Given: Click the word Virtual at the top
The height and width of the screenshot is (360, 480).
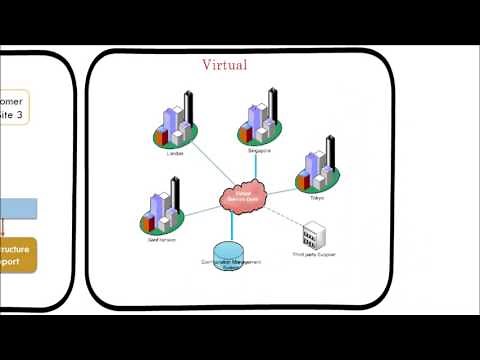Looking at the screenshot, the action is coord(225,65).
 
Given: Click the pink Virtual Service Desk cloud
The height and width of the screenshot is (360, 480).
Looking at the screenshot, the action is coord(242,197).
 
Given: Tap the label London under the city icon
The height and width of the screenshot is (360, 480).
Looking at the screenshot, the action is coord(176,153).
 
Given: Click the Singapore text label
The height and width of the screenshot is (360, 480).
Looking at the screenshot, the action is coord(260,149).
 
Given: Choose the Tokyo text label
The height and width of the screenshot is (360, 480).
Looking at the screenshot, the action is coord(317,198).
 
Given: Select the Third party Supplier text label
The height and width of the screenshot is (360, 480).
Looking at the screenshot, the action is coord(313,255).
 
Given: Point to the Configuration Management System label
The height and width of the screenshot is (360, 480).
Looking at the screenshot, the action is coord(229,265).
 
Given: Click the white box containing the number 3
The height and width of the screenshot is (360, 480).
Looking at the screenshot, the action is coord(14,107).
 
